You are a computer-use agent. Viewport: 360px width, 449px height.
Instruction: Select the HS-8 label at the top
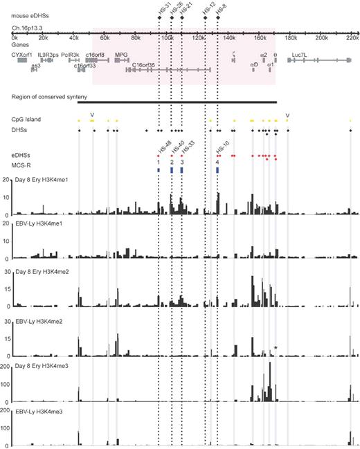coord(219,11)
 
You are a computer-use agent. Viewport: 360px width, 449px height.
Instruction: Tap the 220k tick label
coord(352,40)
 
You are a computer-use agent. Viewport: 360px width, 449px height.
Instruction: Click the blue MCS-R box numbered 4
coord(217,169)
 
